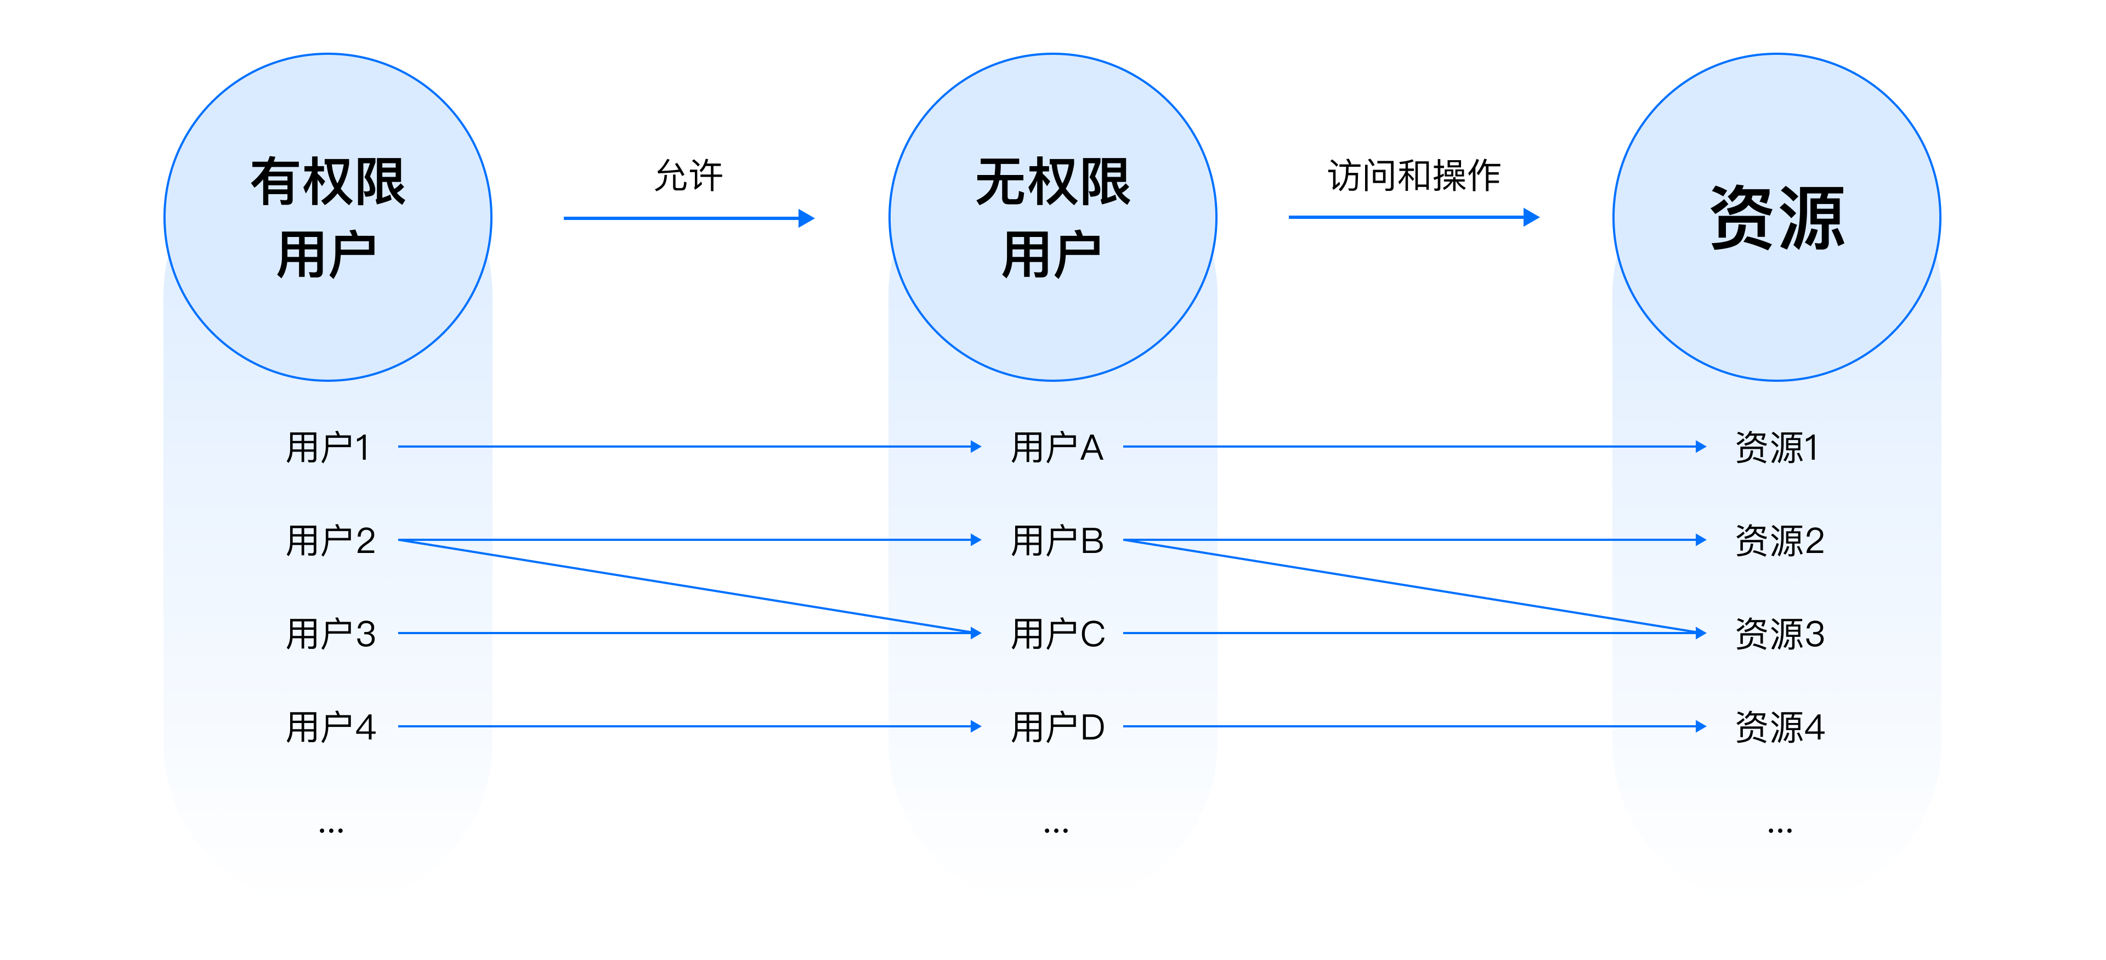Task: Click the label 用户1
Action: point(328,447)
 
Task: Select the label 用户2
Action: point(330,540)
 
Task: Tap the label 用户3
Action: point(330,634)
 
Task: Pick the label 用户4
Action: point(330,727)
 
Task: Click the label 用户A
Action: point(1056,447)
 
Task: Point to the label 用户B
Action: point(1056,540)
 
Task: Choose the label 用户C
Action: point(1057,634)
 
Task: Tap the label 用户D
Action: point(1057,727)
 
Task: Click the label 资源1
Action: point(1776,447)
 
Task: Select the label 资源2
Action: point(1779,540)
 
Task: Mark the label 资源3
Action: point(1779,634)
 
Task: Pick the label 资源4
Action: point(1779,727)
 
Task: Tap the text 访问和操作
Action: point(1413,176)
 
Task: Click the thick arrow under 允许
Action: point(688,218)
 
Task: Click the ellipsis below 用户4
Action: point(330,831)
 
